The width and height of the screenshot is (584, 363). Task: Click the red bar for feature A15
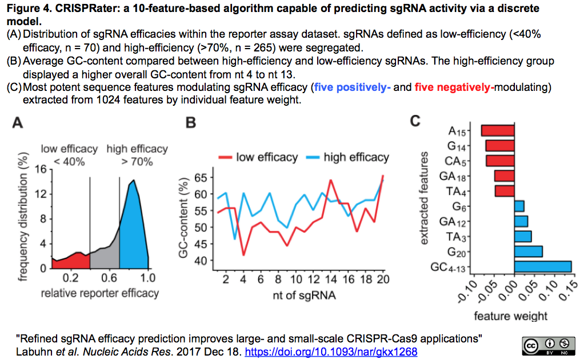(498, 131)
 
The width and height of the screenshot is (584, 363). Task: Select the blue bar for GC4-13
(542, 266)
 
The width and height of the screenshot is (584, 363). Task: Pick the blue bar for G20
(528, 251)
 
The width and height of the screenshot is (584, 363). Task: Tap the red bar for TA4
(505, 190)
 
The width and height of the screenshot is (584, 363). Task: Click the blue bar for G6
(519, 206)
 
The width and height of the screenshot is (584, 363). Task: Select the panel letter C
(415, 121)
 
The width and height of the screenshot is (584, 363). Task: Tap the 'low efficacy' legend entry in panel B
(267, 157)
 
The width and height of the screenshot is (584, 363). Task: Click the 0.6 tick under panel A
(109, 278)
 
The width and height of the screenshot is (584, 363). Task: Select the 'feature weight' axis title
(510, 316)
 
